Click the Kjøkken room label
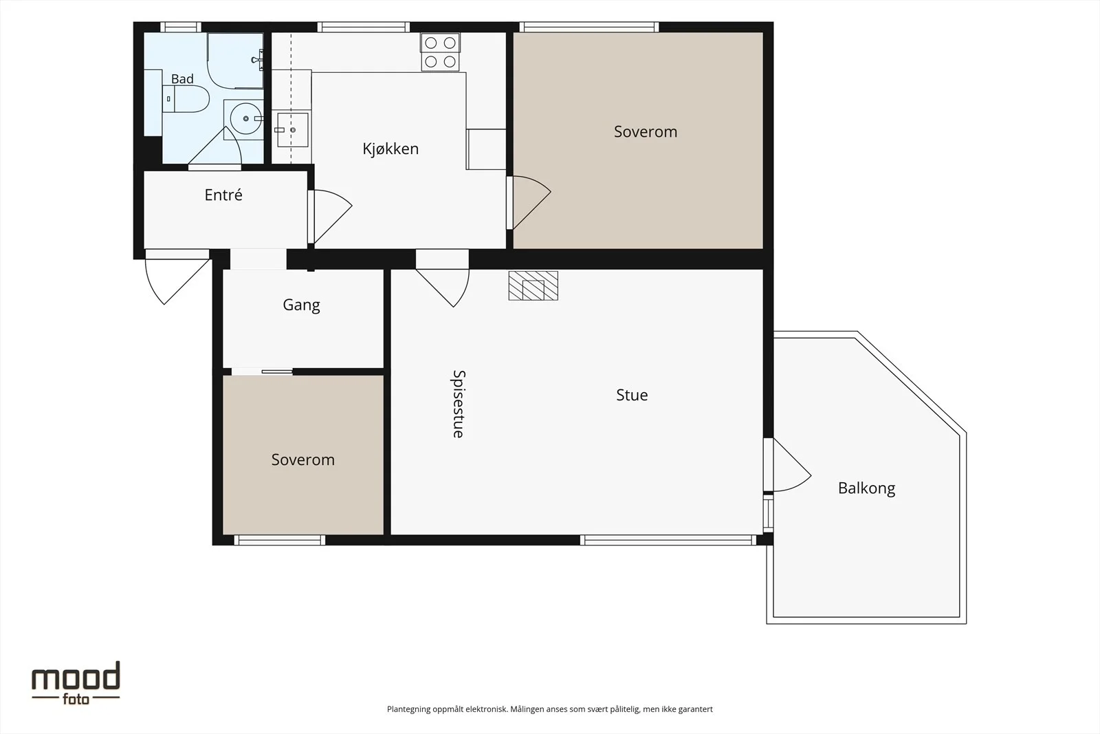point(390,149)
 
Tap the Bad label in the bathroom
point(182,78)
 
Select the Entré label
point(223,195)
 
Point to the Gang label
point(301,305)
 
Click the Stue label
point(632,395)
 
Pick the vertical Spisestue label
point(458,404)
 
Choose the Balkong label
point(867,488)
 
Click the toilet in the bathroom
point(186,98)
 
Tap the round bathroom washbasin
point(245,118)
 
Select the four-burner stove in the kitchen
point(440,52)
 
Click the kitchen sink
point(293,130)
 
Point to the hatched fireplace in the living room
point(533,285)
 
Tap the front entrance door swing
point(178,277)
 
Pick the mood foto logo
point(76,683)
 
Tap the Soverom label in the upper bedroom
point(646,131)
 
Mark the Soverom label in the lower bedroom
point(303,460)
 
